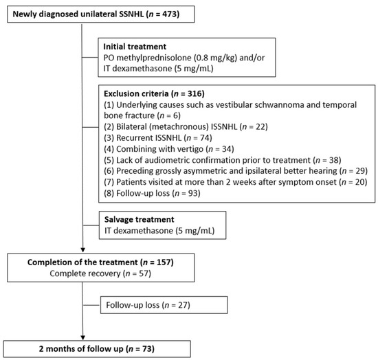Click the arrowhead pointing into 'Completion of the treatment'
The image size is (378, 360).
tap(82, 250)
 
